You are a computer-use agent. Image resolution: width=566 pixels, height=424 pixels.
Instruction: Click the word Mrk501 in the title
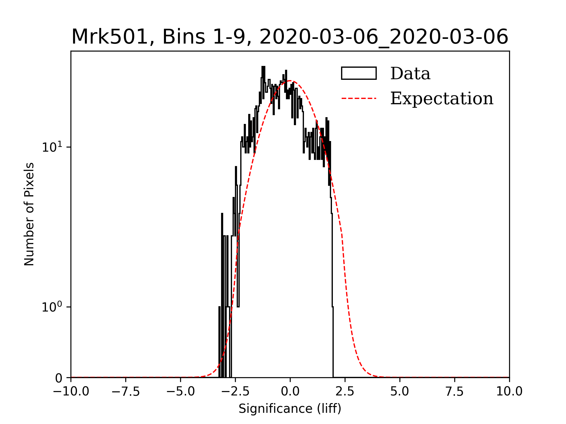[109, 37]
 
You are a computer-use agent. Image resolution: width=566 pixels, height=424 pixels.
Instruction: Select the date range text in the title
[384, 37]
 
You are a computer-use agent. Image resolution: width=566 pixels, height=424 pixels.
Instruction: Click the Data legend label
[410, 74]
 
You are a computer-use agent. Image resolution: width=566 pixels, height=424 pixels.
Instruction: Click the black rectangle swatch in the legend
[359, 73]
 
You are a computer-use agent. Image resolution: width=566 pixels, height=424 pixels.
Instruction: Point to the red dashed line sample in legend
[359, 98]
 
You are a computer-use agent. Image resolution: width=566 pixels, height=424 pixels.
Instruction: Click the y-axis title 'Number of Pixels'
[29, 214]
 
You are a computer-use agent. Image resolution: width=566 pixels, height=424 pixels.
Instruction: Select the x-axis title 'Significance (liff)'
[290, 409]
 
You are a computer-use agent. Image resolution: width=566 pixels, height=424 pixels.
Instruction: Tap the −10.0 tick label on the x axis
[71, 392]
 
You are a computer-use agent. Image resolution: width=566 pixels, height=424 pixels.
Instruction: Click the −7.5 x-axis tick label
[126, 392]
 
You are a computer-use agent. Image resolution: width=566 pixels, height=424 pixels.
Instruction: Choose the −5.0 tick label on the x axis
[180, 392]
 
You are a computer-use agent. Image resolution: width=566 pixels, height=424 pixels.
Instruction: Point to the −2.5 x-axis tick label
[235, 392]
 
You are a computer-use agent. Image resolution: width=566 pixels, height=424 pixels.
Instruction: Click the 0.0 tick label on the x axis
[290, 392]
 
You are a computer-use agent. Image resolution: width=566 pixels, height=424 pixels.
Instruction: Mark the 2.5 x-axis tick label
[345, 392]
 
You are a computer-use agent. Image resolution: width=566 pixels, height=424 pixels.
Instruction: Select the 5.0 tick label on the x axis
[400, 392]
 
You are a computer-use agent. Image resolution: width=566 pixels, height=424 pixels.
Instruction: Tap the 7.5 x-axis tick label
[455, 392]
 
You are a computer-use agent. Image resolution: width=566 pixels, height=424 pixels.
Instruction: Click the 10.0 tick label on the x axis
[509, 392]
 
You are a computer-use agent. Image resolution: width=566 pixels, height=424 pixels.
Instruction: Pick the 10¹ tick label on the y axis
[52, 147]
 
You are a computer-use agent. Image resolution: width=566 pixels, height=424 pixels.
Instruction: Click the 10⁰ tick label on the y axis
[52, 307]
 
